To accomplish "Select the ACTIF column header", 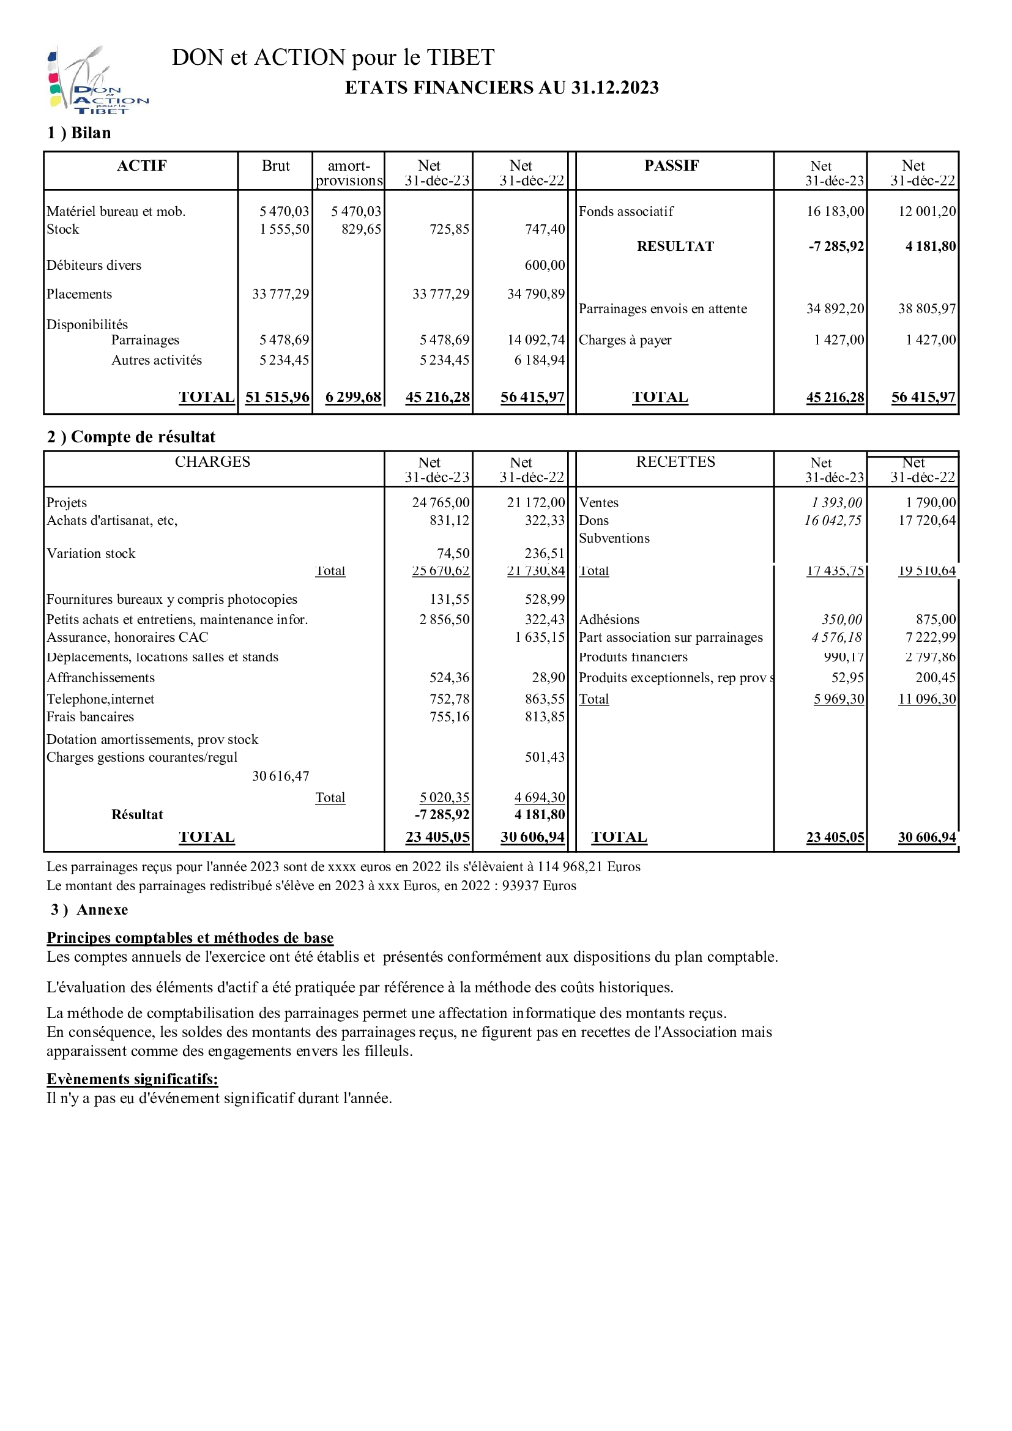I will pos(141,166).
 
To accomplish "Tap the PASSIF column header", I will pos(671,166).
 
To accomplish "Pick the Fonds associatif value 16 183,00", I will pos(835,211).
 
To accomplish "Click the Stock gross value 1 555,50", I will pos(284,229).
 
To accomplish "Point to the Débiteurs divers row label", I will pos(94,266).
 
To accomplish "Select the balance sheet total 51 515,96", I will pos(277,398).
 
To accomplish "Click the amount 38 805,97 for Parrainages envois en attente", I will pos(926,309).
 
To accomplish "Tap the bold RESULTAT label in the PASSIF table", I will pos(675,246).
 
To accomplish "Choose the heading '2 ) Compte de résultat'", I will pos(131,437).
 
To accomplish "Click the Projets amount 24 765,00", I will pos(441,503).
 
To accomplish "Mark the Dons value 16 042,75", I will pos(833,521).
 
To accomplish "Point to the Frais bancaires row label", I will pos(91,718).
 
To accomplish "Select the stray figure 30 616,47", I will pos(280,776).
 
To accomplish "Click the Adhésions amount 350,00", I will pos(841,620).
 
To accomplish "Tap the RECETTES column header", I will pos(675,463).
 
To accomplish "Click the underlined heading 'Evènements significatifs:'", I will pos(132,1079).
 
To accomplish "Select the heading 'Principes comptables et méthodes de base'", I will pos(190,938).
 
